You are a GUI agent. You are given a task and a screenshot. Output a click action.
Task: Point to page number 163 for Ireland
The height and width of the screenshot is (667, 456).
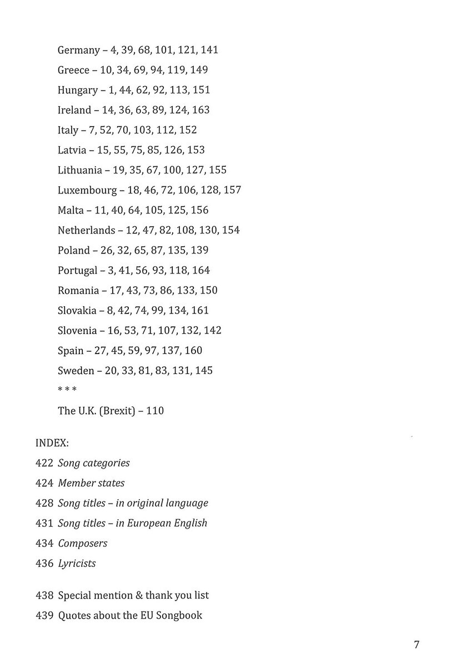201,110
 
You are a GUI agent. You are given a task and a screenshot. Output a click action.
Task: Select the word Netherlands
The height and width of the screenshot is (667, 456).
86,230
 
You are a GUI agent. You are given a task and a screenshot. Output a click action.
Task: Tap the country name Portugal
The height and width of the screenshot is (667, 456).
78,270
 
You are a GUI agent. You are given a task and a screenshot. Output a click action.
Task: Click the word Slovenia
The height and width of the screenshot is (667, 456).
77,330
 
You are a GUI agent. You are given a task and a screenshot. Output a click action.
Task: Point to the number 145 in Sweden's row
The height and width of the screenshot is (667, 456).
203,370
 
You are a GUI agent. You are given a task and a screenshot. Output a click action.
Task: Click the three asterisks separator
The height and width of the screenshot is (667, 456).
67,389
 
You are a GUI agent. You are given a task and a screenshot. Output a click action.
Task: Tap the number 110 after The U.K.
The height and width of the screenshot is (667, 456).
155,411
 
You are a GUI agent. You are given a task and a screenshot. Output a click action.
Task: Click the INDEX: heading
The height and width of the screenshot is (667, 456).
52,443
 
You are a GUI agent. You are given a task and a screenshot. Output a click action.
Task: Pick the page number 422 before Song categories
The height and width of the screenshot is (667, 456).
44,463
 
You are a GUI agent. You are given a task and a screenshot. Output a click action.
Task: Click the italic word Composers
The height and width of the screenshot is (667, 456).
83,543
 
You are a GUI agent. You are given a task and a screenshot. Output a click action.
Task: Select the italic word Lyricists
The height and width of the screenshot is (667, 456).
77,563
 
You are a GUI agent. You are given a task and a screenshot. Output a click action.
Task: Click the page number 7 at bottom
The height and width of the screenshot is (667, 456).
417,645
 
